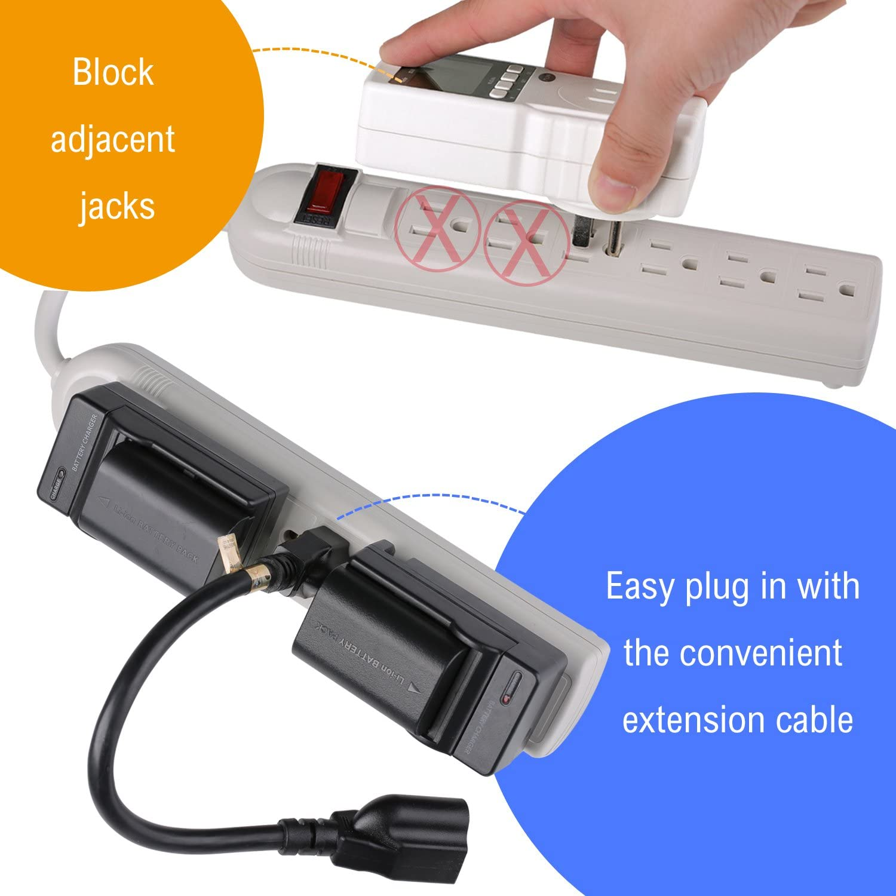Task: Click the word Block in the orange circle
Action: coord(113,73)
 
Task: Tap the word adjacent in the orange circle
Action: coord(113,140)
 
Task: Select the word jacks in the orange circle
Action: coord(117,207)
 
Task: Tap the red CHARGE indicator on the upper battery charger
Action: coord(57,484)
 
